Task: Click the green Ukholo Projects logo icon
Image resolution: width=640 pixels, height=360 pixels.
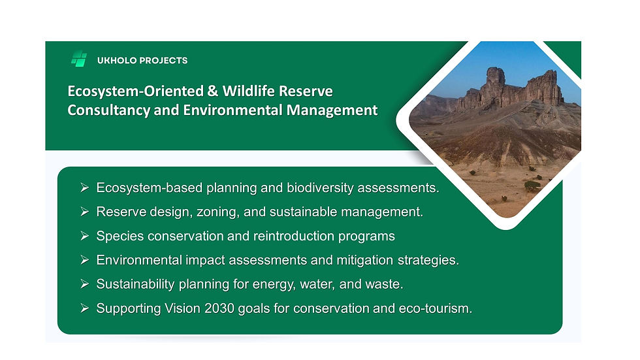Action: (79, 59)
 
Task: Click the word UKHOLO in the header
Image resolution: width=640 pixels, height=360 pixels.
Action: (117, 60)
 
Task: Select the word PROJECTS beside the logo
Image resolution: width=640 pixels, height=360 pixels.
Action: (164, 60)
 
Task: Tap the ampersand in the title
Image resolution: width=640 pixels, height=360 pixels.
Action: (212, 91)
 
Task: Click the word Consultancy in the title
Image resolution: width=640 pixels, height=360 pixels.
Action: (108, 110)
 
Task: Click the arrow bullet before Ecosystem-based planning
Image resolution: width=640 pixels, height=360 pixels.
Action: (84, 188)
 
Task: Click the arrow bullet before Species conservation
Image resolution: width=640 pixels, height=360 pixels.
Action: (84, 236)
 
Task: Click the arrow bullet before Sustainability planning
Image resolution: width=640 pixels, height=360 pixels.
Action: (84, 284)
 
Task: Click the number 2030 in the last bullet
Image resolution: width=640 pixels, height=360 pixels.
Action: (219, 308)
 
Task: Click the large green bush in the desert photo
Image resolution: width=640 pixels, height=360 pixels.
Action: (532, 186)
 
